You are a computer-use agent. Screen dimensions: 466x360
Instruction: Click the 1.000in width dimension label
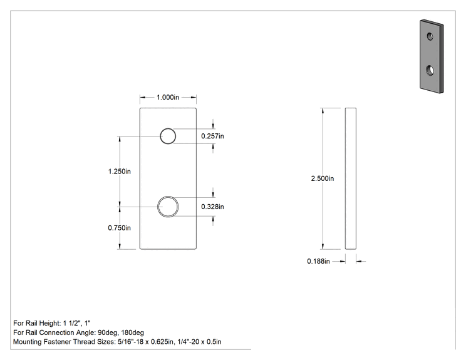[x=168, y=97]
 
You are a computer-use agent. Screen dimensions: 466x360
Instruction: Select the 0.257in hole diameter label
[x=212, y=136]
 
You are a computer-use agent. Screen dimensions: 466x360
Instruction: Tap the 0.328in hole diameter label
[x=212, y=207]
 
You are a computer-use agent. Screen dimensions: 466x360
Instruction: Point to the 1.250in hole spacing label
[x=120, y=172]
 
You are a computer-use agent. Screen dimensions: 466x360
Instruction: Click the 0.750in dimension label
[x=120, y=228]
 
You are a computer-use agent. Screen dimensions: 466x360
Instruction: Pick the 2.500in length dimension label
[x=323, y=178]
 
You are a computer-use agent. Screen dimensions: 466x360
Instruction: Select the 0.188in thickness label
[x=318, y=261]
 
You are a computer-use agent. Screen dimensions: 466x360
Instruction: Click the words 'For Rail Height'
[x=37, y=323]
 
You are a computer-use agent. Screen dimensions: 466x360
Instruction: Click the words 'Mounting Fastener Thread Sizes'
[x=64, y=342]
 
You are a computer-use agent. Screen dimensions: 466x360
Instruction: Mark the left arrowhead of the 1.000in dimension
[x=143, y=97]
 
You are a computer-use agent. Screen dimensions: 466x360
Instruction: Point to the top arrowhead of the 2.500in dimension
[x=323, y=111]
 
